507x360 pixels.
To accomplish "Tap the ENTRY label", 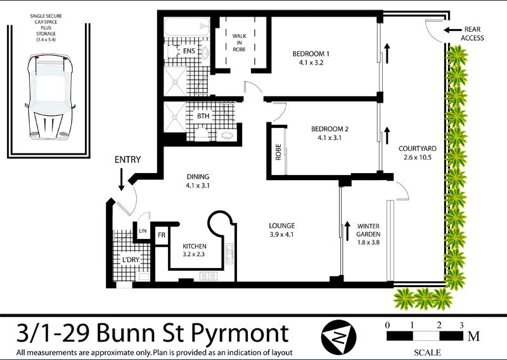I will point(127,160).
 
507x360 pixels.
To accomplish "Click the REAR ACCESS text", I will point(473,34).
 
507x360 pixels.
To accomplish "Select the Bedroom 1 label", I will point(311,54).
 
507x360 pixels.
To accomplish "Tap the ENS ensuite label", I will point(189,51).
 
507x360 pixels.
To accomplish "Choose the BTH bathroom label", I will point(203,116).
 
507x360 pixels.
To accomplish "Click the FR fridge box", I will point(162,235).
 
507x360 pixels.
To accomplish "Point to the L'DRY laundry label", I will point(131,260).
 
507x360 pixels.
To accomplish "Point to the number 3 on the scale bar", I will point(462,325).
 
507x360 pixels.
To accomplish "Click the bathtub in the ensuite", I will point(183,28).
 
